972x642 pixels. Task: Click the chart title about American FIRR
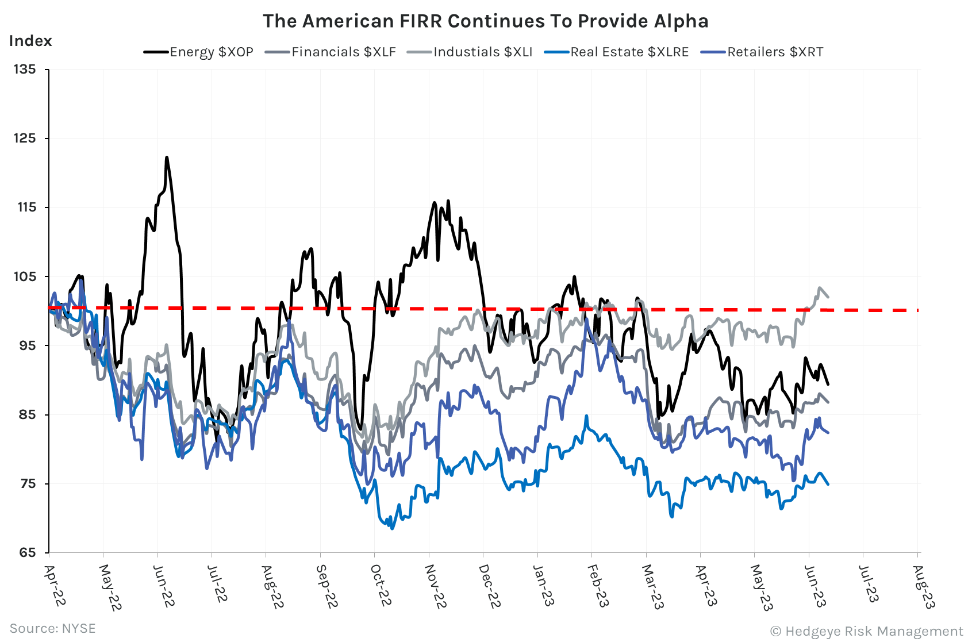click(485, 21)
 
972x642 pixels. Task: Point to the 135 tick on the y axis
click(25, 70)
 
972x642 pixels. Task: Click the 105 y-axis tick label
click(25, 276)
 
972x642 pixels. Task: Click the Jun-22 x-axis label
click(164, 586)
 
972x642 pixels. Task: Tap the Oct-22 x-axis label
click(381, 585)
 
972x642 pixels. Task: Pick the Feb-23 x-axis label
click(598, 585)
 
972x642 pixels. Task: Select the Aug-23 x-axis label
click(924, 586)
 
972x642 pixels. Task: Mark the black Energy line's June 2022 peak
click(167, 157)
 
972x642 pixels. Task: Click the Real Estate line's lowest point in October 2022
click(393, 528)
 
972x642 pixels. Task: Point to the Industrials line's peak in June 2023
click(819, 288)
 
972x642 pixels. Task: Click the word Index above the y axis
click(30, 41)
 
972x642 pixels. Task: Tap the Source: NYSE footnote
click(53, 628)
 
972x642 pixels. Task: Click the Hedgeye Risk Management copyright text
click(866, 631)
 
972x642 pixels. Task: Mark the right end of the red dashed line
click(917, 310)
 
